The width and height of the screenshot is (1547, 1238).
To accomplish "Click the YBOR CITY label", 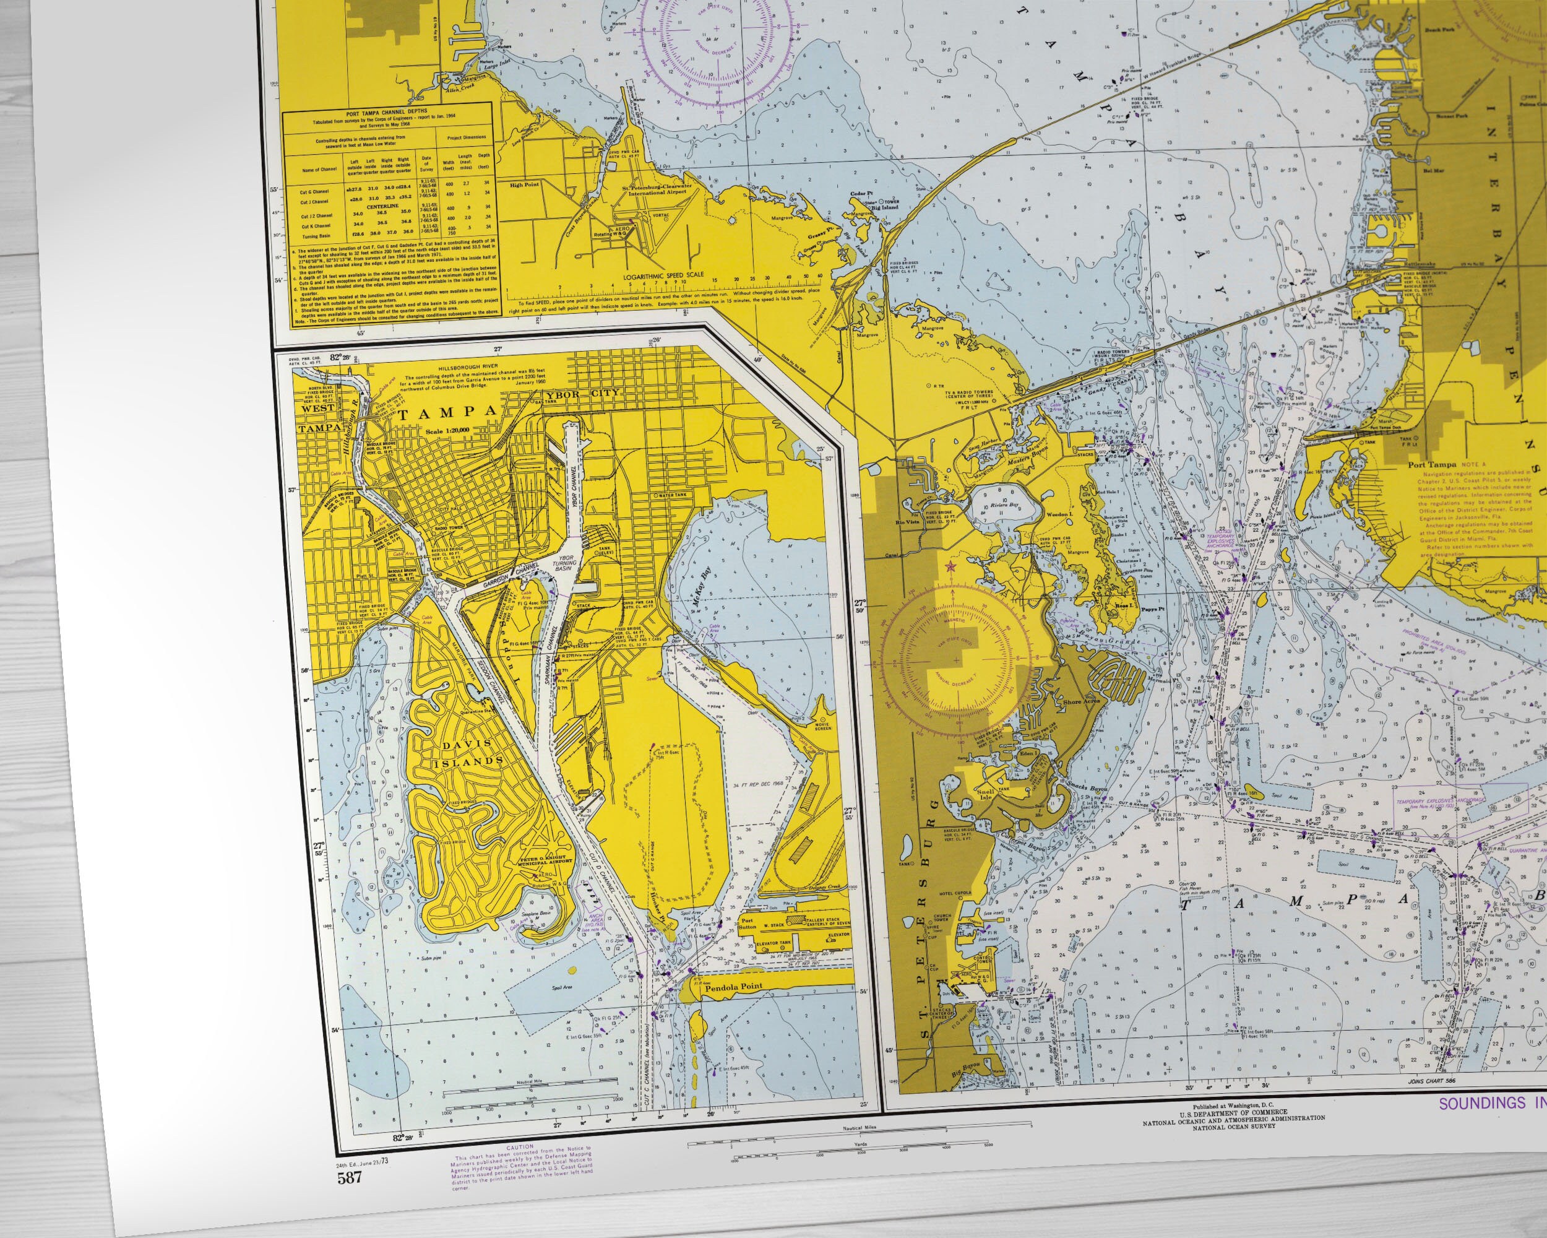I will (x=584, y=396).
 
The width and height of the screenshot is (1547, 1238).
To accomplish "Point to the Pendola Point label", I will (x=733, y=987).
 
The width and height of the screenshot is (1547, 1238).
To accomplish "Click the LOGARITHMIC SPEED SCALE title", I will (x=664, y=274).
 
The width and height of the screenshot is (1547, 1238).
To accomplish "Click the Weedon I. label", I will (x=1077, y=514).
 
